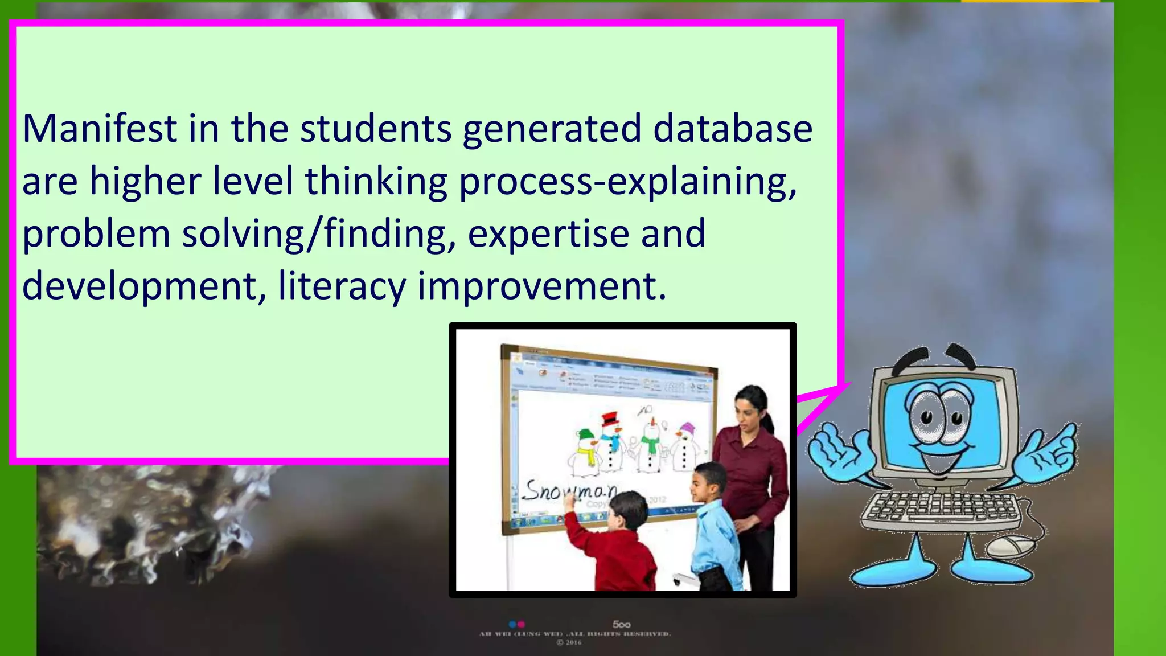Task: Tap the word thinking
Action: pyautogui.click(x=376, y=181)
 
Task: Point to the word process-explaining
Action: pyautogui.click(x=628, y=181)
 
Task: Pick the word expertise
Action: pyautogui.click(x=548, y=233)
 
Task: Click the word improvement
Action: pyautogui.click(x=541, y=286)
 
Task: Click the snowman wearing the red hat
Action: pyautogui.click(x=611, y=441)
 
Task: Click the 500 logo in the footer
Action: pyautogui.click(x=621, y=624)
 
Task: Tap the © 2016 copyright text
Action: pyautogui.click(x=569, y=643)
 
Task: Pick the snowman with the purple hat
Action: pyautogui.click(x=685, y=447)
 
